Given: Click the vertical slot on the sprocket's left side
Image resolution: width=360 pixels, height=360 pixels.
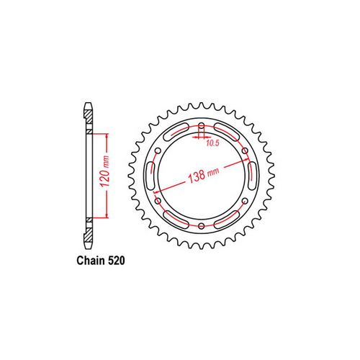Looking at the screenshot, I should pos(150,176).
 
